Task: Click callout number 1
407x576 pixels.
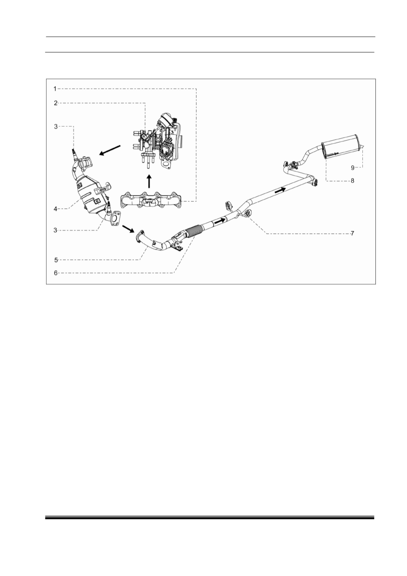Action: [x=55, y=89]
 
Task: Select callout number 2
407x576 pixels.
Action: [x=56, y=103]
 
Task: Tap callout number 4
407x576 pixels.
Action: [x=55, y=209]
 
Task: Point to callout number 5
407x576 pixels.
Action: [x=56, y=260]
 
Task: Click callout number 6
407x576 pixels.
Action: [x=56, y=273]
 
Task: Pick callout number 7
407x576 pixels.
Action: [x=352, y=233]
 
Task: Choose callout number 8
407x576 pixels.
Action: [x=352, y=181]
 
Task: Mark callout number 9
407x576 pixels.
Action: [x=353, y=168]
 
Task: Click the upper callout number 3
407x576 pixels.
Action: [x=56, y=127]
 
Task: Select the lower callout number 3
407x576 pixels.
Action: [x=55, y=230]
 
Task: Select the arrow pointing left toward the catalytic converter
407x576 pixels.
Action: [x=110, y=150]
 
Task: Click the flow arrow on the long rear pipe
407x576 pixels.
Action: [x=280, y=190]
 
